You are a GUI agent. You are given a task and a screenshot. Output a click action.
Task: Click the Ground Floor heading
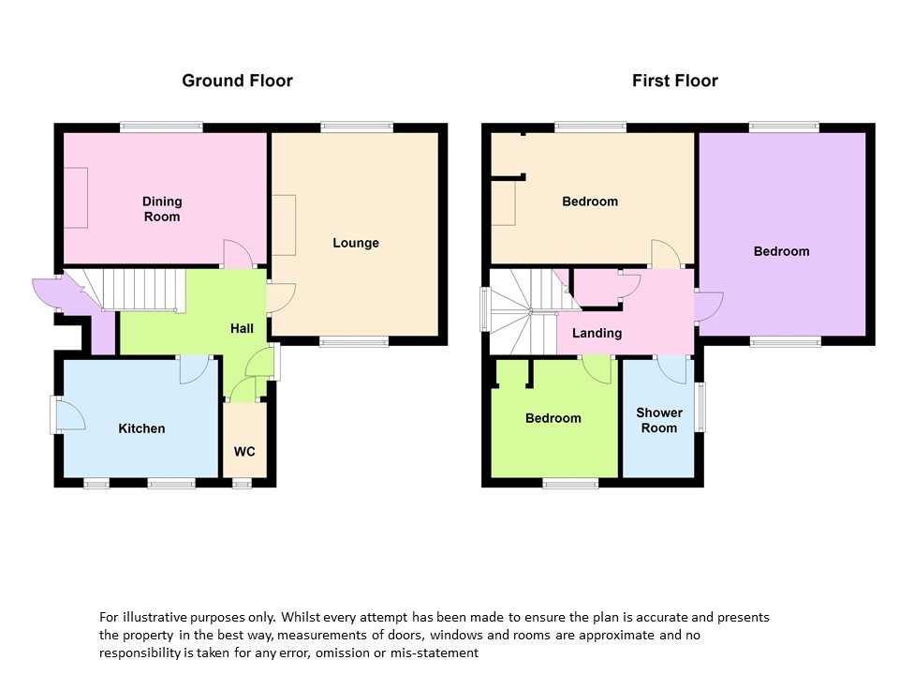237,81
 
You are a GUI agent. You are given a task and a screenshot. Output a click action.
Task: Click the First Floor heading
675,81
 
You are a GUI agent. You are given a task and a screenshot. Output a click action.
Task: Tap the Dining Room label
162,209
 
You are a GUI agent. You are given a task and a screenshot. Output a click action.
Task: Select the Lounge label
356,243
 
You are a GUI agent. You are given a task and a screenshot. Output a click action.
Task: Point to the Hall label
242,328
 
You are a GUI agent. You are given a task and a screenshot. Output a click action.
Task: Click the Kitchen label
141,428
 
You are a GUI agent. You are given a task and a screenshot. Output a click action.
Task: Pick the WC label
244,452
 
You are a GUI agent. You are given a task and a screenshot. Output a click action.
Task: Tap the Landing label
597,333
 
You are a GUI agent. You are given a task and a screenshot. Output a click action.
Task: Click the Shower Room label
659,420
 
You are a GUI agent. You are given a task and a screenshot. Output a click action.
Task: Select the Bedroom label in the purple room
781,251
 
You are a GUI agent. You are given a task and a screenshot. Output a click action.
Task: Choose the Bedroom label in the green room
553,418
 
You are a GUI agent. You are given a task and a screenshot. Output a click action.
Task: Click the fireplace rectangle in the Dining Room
75,198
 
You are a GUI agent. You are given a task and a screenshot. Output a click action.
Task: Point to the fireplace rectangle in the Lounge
283,225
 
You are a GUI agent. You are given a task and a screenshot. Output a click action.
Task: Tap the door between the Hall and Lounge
281,298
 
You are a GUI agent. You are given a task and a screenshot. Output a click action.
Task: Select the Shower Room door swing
671,369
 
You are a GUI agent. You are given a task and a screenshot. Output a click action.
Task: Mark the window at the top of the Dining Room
161,127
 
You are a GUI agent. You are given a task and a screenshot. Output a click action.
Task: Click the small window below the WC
242,484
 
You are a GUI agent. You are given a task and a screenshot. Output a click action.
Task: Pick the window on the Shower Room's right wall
700,407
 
